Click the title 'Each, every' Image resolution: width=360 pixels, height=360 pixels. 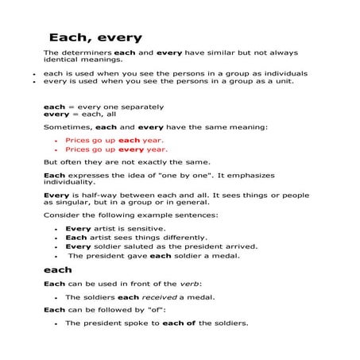95,37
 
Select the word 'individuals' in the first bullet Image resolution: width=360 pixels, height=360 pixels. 284,73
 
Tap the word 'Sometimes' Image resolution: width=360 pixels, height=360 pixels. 67,126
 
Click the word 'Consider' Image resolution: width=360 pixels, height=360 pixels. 60,214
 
